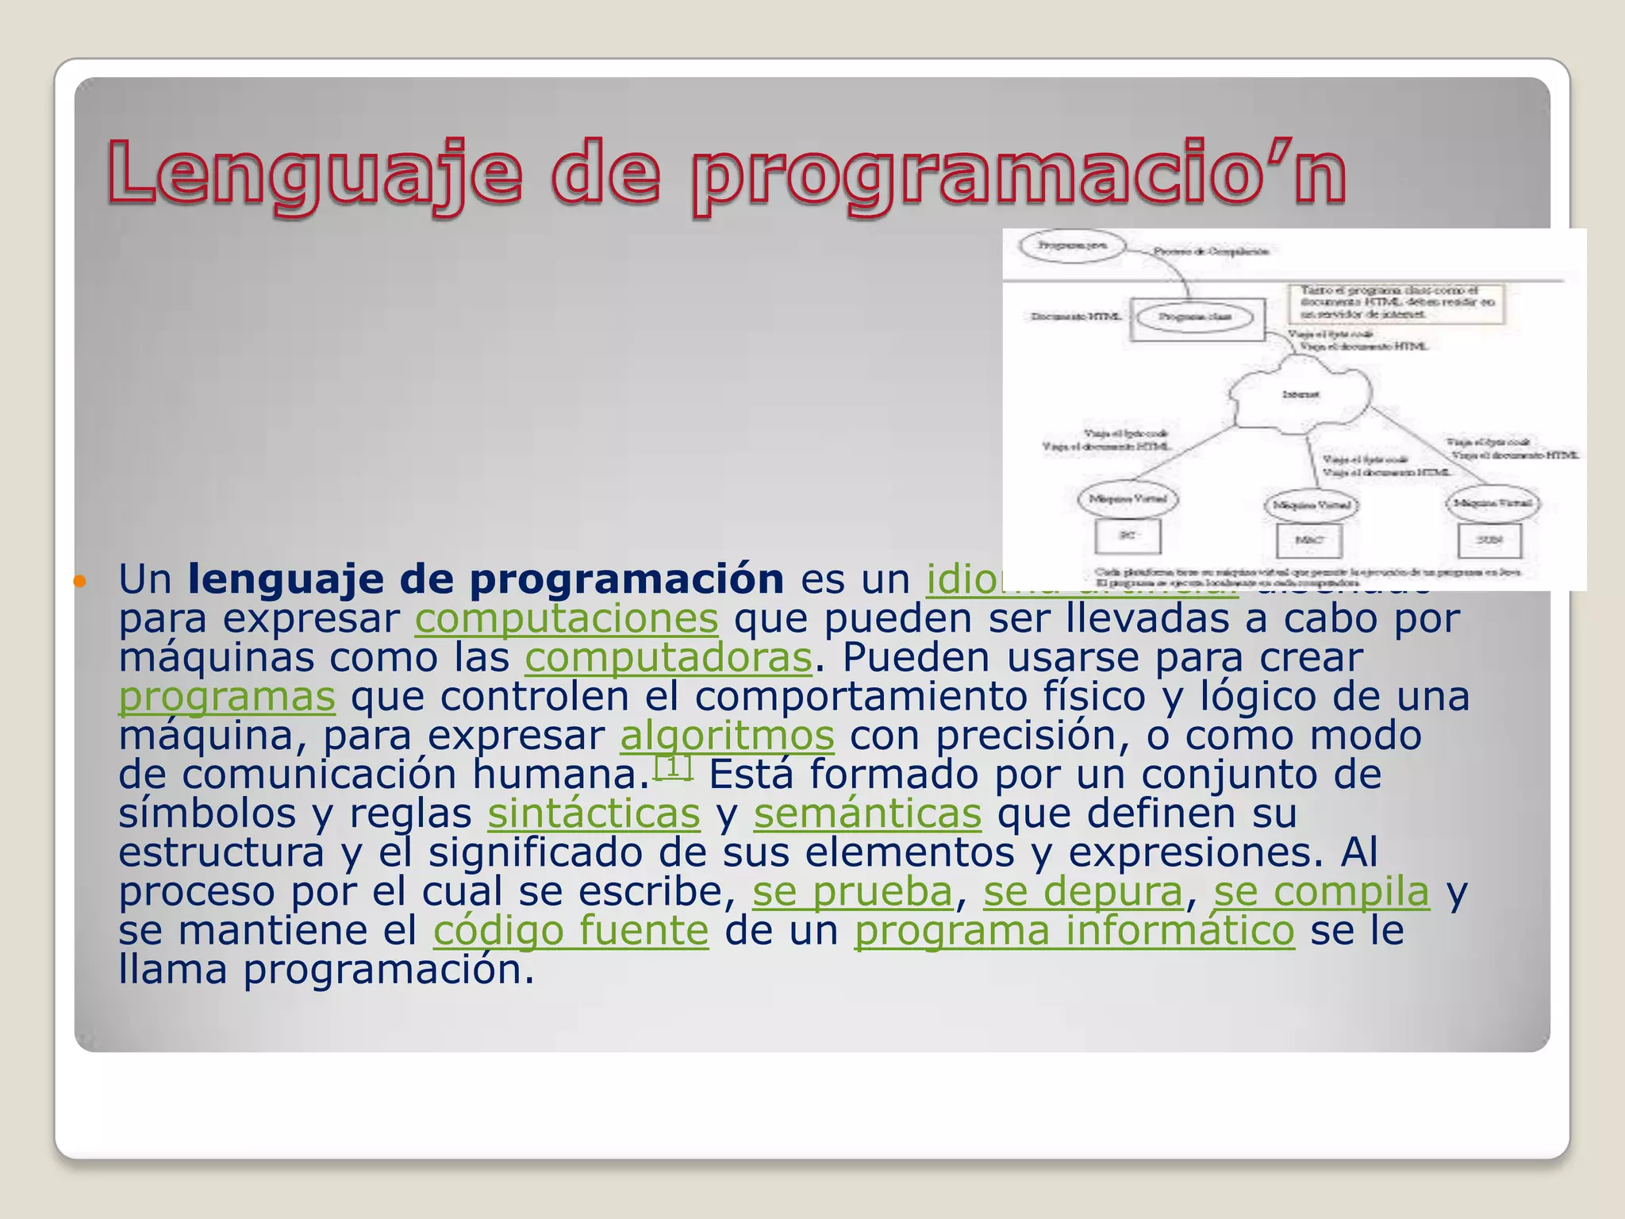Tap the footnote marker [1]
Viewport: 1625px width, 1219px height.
(x=673, y=767)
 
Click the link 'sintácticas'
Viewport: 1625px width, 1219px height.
(x=594, y=814)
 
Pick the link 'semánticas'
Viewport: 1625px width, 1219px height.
(x=867, y=814)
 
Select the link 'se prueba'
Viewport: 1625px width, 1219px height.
(x=852, y=892)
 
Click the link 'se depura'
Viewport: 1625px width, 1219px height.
(x=1083, y=892)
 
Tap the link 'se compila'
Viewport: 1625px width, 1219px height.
(x=1321, y=892)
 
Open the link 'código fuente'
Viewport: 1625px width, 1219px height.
(x=570, y=931)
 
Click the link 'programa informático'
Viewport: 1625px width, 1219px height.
(x=1074, y=931)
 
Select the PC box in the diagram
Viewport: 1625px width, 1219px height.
(x=1128, y=536)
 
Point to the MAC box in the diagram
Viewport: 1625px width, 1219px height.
(x=1309, y=540)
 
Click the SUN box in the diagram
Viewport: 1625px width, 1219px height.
(x=1489, y=540)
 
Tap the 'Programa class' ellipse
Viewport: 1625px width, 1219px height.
(x=1195, y=317)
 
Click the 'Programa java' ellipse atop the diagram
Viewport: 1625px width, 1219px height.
(x=1072, y=245)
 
